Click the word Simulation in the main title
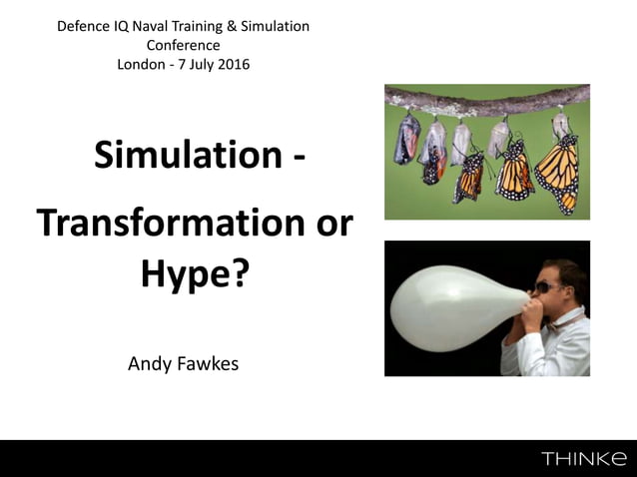pos(187,156)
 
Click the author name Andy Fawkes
pos(184,363)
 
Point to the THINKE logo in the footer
pos(585,458)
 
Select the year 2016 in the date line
pos(232,64)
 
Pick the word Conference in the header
pos(184,45)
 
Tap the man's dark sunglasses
pos(551,287)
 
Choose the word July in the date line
pos(194,64)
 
